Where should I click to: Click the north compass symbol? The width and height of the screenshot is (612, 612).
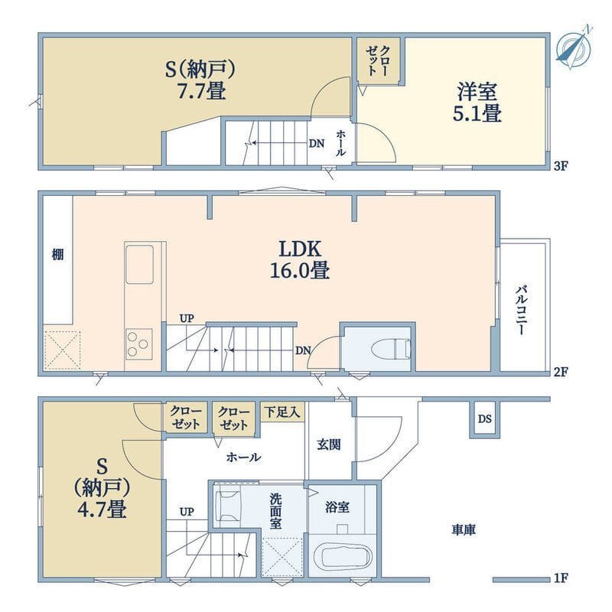[x=575, y=48]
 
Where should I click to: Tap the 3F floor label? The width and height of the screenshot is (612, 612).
[x=560, y=166]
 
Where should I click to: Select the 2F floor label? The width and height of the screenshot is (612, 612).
[x=560, y=372]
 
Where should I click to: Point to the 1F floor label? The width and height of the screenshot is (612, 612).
[x=560, y=578]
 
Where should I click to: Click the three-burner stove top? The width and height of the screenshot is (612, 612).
[x=138, y=344]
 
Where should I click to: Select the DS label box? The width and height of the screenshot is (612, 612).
[x=485, y=418]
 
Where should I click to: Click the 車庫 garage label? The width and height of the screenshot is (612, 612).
[x=464, y=530]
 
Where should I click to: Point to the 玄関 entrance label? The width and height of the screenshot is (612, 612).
[x=329, y=444]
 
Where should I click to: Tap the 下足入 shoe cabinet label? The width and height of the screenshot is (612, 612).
[x=282, y=412]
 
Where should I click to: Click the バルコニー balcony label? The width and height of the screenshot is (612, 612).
[x=522, y=311]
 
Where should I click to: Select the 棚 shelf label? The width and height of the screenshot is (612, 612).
[x=58, y=256]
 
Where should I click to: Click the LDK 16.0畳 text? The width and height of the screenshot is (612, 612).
[x=300, y=259]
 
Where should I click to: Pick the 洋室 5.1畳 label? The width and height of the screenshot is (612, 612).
[x=477, y=103]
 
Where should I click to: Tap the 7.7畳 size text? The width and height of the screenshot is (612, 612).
[x=201, y=91]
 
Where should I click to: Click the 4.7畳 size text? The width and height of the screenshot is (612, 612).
[x=102, y=509]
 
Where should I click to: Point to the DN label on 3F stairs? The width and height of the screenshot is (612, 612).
[x=317, y=144]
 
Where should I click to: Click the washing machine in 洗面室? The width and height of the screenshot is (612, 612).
[x=226, y=506]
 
